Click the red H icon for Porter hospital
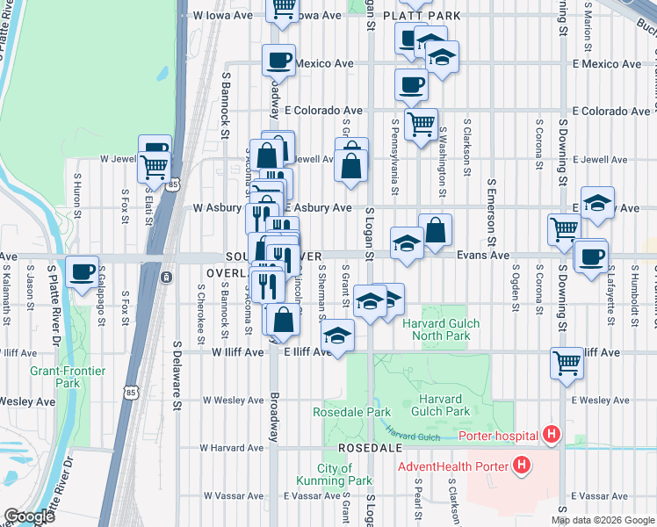click(551, 434)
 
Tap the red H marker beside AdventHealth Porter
click(522, 464)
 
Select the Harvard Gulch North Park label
click(441, 329)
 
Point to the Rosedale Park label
click(351, 412)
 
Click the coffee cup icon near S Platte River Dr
click(82, 272)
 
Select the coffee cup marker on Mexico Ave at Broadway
click(279, 61)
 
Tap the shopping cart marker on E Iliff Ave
click(567, 361)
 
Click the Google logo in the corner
click(28, 516)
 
